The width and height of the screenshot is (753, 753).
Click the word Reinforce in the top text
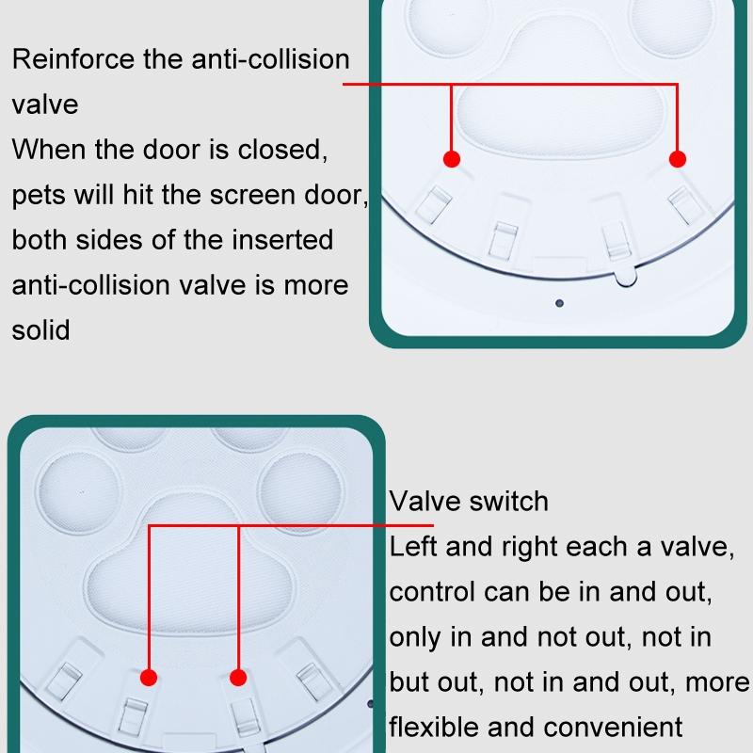coord(73,59)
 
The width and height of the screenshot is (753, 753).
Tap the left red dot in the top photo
coord(452,159)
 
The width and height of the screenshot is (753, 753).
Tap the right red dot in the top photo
coord(677,159)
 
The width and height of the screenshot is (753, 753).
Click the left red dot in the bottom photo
coord(149,678)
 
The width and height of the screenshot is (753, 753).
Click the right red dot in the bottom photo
coord(238,678)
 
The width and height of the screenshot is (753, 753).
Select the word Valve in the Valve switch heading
coord(425,502)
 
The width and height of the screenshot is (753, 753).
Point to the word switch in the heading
coord(508,502)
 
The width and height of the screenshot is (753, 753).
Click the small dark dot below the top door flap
coord(559,303)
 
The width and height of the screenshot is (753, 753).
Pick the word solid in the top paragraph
coord(40,330)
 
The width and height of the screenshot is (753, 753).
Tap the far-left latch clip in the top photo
coord(434,204)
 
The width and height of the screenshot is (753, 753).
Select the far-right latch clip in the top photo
coord(687,204)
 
